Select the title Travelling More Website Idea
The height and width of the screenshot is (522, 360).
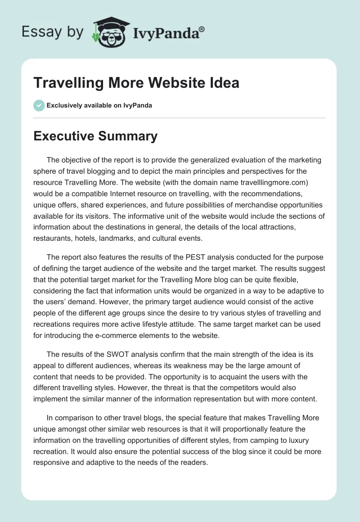(136, 83)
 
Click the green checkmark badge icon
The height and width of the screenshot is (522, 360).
(39, 105)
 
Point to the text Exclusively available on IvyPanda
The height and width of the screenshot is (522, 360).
(99, 106)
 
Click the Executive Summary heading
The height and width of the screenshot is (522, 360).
(95, 136)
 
